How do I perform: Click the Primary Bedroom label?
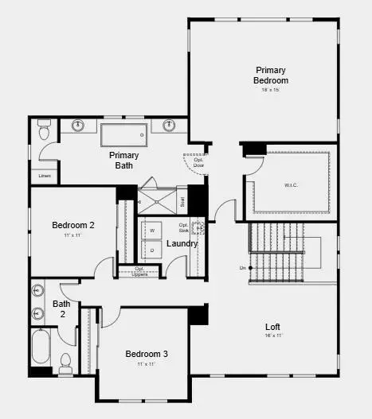click(x=271, y=76)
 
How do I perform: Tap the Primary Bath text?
click(x=123, y=160)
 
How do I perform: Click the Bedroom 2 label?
click(x=73, y=225)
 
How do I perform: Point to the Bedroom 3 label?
click(x=147, y=353)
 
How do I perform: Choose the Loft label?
click(x=272, y=327)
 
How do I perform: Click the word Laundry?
click(x=182, y=243)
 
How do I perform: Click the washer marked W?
click(x=152, y=230)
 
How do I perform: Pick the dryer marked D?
click(x=152, y=250)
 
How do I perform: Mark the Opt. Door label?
click(x=198, y=162)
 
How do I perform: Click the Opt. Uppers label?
click(x=139, y=271)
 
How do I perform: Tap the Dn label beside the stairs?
click(x=241, y=268)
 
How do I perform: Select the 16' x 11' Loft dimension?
click(x=272, y=336)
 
